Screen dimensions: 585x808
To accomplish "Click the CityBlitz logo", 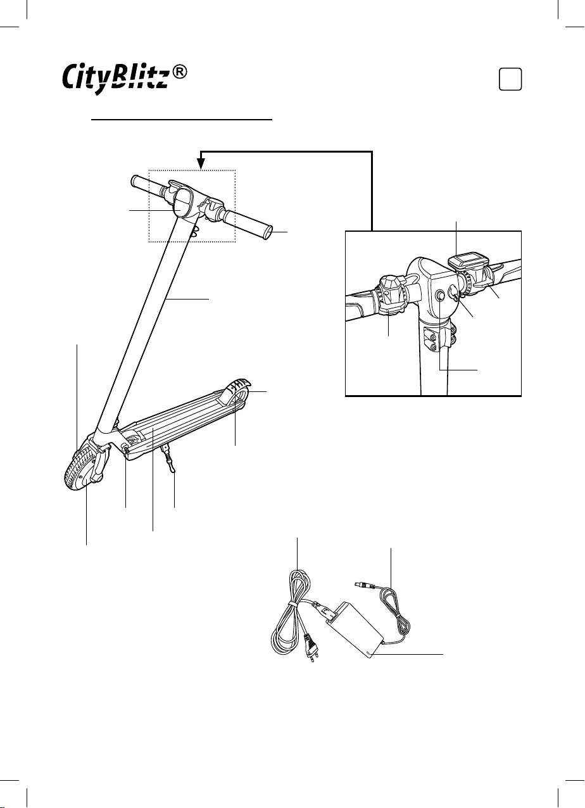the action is click(x=115, y=78).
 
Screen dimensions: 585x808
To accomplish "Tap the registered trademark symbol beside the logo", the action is click(x=179, y=72).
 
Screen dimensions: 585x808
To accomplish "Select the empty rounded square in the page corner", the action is click(x=510, y=79).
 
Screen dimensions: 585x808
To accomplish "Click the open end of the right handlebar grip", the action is click(x=268, y=232).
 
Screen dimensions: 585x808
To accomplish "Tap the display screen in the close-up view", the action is click(x=468, y=261).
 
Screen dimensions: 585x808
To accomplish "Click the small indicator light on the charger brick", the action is click(x=368, y=652).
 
